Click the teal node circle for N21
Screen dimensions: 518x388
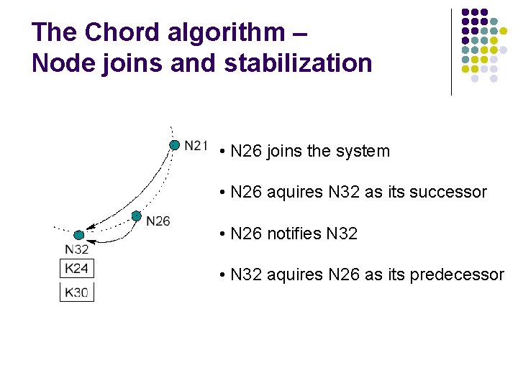tap(174, 145)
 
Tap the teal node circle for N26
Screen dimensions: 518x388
tap(136, 216)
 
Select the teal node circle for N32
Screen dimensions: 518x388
tap(79, 235)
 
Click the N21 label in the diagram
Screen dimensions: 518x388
tap(196, 146)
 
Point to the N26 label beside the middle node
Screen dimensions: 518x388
tap(158, 221)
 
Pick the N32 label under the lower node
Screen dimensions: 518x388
tap(77, 249)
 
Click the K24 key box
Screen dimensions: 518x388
tap(77, 269)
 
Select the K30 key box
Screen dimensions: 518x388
tap(77, 292)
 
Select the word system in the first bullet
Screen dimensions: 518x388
tap(363, 152)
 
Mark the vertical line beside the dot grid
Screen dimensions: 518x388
tap(451, 52)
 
